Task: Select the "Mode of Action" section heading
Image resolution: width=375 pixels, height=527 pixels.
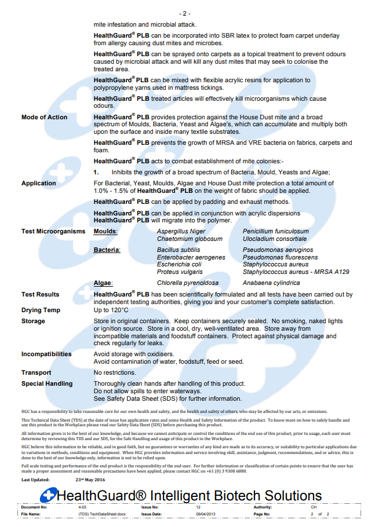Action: tap(44, 117)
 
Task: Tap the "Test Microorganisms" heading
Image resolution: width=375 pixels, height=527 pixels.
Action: tap(53, 231)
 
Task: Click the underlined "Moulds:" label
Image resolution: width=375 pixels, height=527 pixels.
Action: tap(105, 231)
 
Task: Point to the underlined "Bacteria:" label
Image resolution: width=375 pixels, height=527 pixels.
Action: tap(107, 250)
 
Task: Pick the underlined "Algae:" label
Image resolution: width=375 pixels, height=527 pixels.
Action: tap(103, 283)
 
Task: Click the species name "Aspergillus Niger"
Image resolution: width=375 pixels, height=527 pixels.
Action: tap(181, 231)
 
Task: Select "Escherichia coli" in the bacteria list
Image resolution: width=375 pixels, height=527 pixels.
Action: tap(179, 265)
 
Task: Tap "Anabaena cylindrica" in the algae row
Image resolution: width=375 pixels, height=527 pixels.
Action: tap(271, 283)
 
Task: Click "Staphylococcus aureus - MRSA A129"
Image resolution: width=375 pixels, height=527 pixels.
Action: tap(296, 272)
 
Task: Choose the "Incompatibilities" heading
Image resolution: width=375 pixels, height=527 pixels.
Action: tap(46, 354)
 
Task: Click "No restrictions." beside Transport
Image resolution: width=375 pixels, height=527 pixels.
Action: tap(115, 372)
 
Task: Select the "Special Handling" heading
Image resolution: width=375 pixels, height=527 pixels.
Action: tap(47, 383)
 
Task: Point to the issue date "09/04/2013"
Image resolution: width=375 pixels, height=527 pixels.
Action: tap(206, 514)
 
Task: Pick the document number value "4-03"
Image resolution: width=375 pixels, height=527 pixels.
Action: tap(82, 507)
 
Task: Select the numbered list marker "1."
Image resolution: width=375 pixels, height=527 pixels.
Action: tap(97, 172)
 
